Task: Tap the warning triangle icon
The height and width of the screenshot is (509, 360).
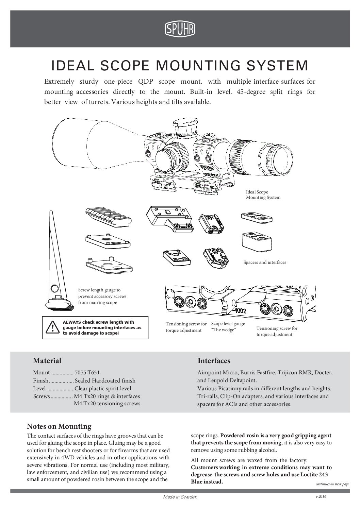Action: [x=52, y=328]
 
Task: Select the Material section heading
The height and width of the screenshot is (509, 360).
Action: [x=47, y=360]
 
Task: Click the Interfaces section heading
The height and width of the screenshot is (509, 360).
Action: [x=214, y=360]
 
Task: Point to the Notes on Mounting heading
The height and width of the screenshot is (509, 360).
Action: [x=59, y=426]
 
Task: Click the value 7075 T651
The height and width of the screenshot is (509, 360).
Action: [x=87, y=373]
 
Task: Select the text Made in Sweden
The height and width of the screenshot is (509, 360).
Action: [x=180, y=497]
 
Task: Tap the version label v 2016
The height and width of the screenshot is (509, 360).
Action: [x=321, y=496]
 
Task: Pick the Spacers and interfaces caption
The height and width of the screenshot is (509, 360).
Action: [x=265, y=262]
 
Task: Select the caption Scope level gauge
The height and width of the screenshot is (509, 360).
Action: [x=228, y=324]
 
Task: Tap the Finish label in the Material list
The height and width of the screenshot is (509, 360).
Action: [x=40, y=380]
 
